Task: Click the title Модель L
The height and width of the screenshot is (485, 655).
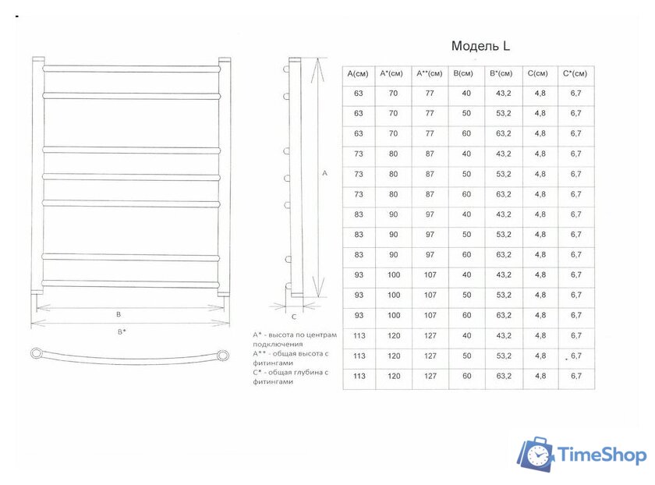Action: click(480, 46)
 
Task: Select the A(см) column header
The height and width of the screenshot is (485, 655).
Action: click(358, 73)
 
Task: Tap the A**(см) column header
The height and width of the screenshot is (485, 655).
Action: click(430, 73)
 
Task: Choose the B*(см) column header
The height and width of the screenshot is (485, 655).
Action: click(503, 73)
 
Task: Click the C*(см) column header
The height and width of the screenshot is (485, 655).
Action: click(575, 73)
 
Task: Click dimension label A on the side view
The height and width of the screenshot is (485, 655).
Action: click(324, 173)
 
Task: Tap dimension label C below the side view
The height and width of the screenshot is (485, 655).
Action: click(294, 317)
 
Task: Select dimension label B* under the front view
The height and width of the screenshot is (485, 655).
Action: click(122, 332)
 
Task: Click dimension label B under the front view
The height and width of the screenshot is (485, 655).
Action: click(118, 314)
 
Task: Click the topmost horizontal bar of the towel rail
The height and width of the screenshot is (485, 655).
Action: click(131, 69)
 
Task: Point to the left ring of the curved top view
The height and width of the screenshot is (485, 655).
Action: click(37, 353)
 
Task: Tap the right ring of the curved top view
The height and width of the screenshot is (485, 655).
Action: click(225, 356)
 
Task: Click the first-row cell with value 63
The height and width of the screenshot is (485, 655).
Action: click(358, 94)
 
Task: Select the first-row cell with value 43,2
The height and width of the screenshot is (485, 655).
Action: click(503, 94)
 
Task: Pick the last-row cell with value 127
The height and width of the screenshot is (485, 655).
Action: click(430, 376)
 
